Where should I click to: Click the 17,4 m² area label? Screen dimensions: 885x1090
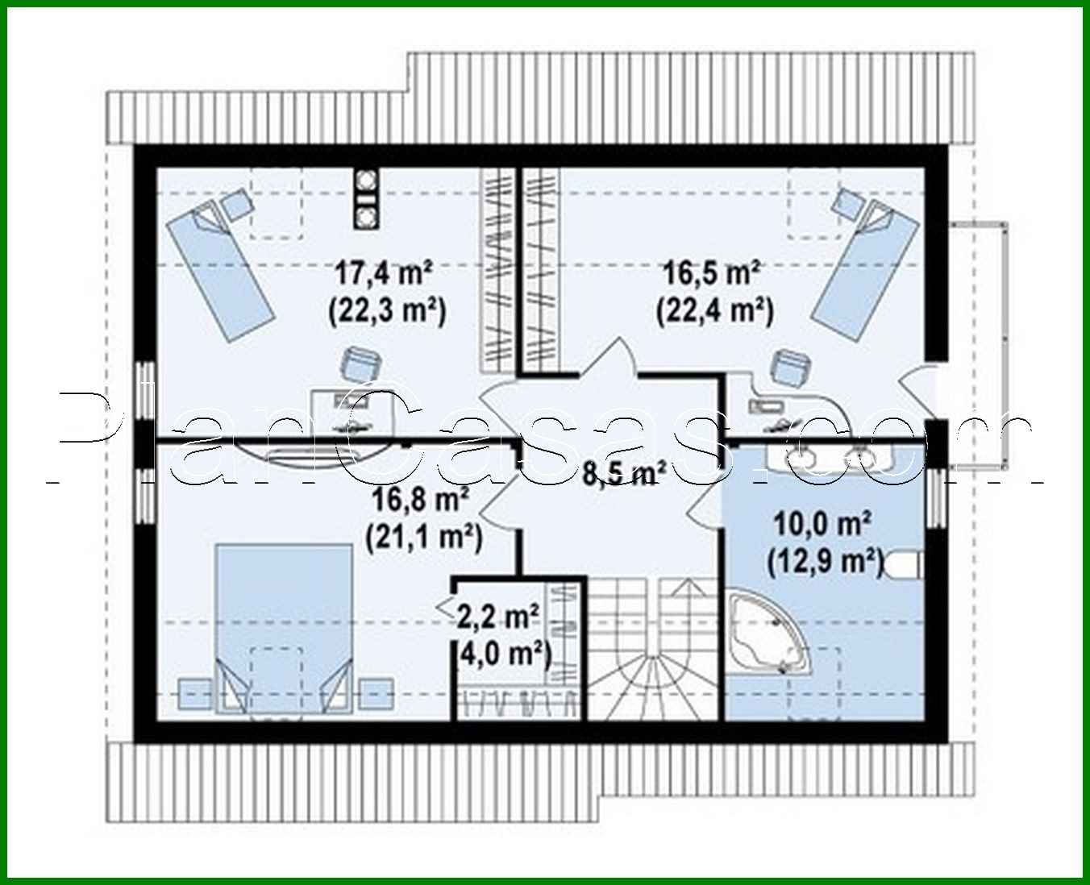385,274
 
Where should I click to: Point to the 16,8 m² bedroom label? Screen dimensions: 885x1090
421,501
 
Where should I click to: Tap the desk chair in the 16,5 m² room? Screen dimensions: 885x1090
788,368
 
